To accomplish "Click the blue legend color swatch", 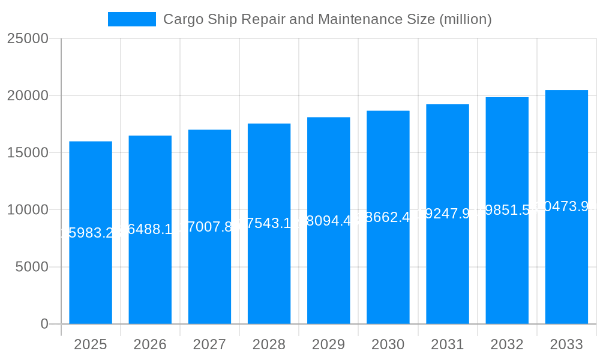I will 132,19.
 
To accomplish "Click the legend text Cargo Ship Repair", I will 327,19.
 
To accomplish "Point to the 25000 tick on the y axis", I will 28,38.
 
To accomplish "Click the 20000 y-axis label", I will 28,95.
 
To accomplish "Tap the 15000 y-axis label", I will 28,152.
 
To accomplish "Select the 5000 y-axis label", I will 31,267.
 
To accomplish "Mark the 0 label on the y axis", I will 44,324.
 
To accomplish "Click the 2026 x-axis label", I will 150,344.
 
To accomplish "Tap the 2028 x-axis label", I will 269,344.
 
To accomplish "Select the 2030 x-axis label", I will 388,344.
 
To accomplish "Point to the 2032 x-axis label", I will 507,344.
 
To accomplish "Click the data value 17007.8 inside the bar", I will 209,227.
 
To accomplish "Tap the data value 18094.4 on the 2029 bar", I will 328,221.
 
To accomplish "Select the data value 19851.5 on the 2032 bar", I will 507,210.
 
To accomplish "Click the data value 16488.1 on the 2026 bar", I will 150,230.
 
